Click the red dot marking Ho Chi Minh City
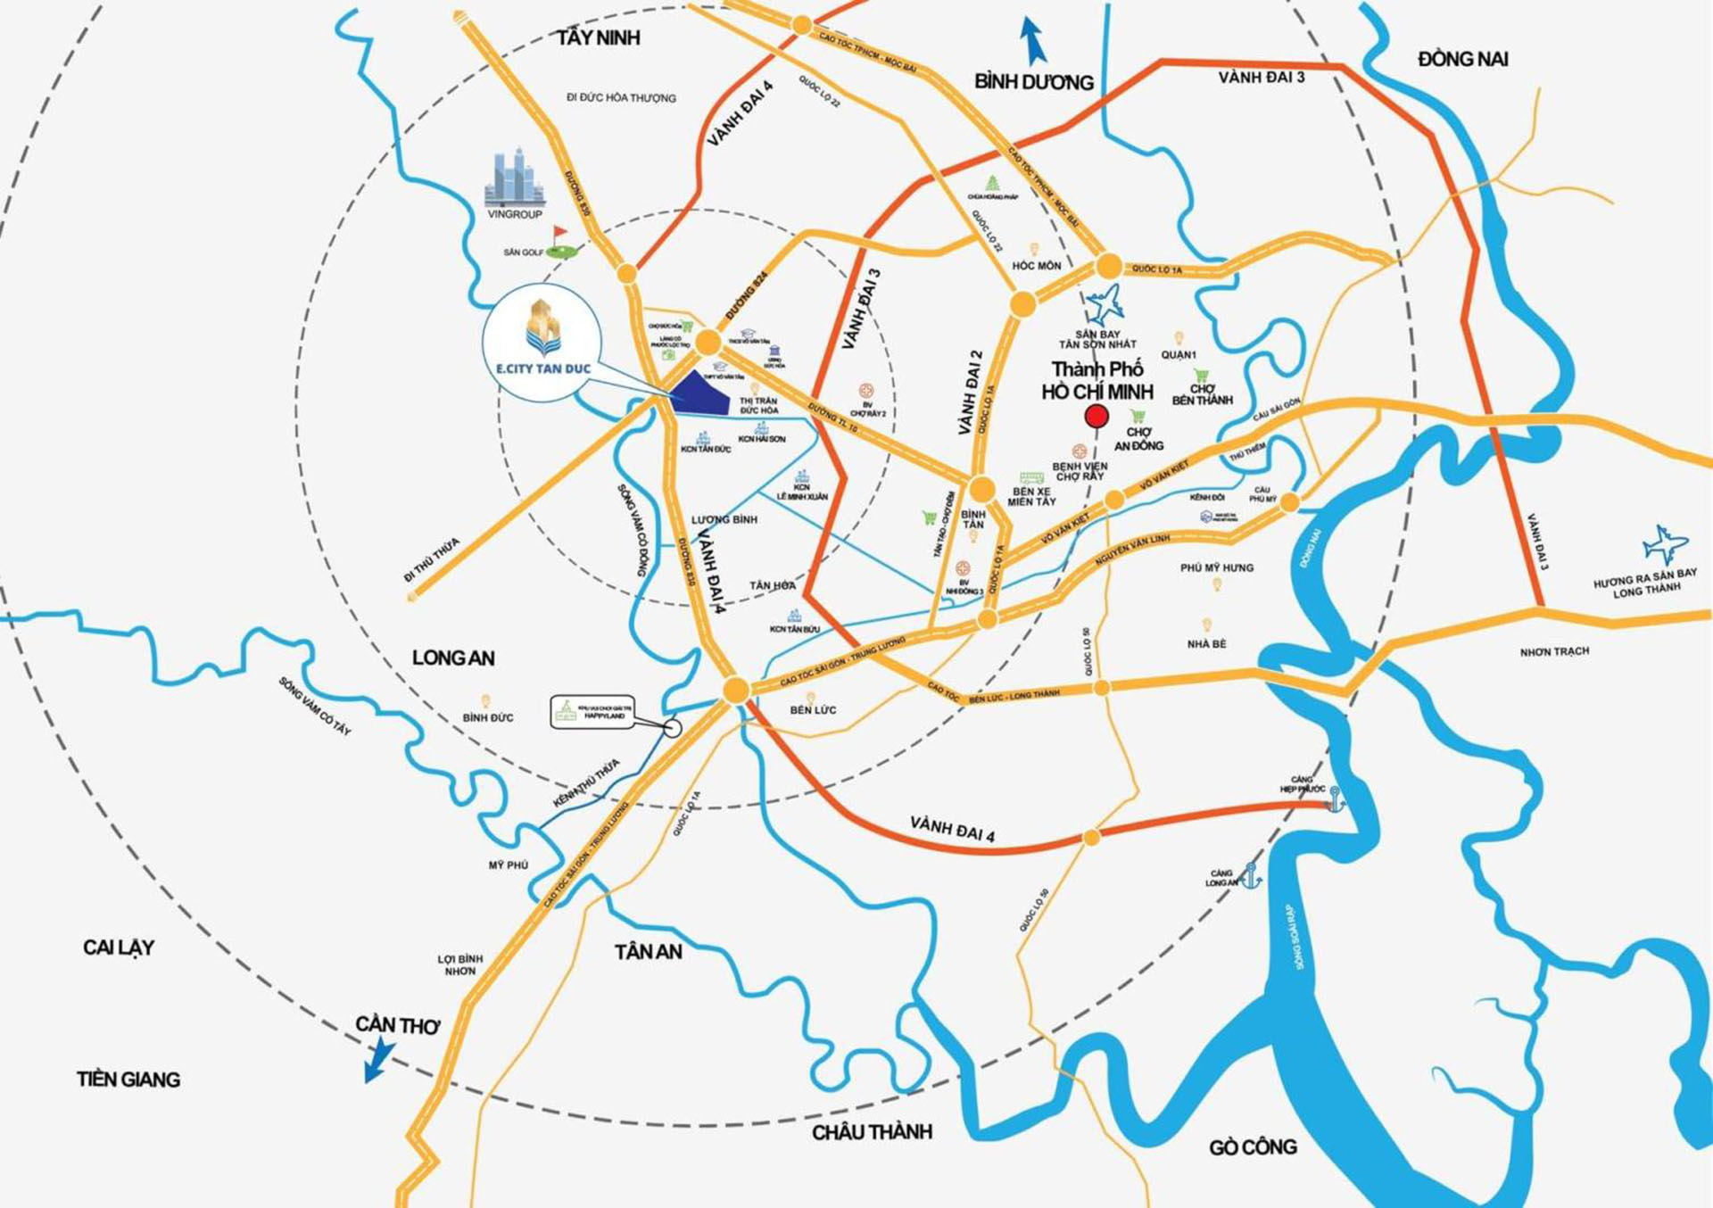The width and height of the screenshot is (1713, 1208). click(x=1096, y=416)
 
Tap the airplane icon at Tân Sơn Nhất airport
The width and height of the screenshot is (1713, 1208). click(x=1105, y=305)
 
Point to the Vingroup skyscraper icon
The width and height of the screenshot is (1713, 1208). click(x=514, y=178)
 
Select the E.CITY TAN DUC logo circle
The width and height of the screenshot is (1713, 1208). click(x=542, y=343)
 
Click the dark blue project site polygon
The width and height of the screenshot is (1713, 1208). click(x=700, y=394)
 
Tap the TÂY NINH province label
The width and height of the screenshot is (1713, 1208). click(x=599, y=37)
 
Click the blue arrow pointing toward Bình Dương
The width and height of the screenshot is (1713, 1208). click(x=1033, y=41)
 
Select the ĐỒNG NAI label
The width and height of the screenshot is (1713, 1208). click(x=1462, y=59)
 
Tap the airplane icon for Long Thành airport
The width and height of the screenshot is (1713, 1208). click(x=1664, y=544)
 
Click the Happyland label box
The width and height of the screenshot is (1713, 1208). click(x=592, y=712)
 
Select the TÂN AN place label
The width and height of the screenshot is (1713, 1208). click(x=648, y=952)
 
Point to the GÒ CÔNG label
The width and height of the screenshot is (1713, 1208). click(x=1253, y=1146)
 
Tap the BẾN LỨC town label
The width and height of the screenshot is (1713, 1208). click(x=813, y=710)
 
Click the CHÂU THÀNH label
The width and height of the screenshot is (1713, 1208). click(x=872, y=1131)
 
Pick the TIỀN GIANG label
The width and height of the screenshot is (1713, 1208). click(x=128, y=1080)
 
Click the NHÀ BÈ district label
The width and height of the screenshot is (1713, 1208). click(x=1206, y=643)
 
